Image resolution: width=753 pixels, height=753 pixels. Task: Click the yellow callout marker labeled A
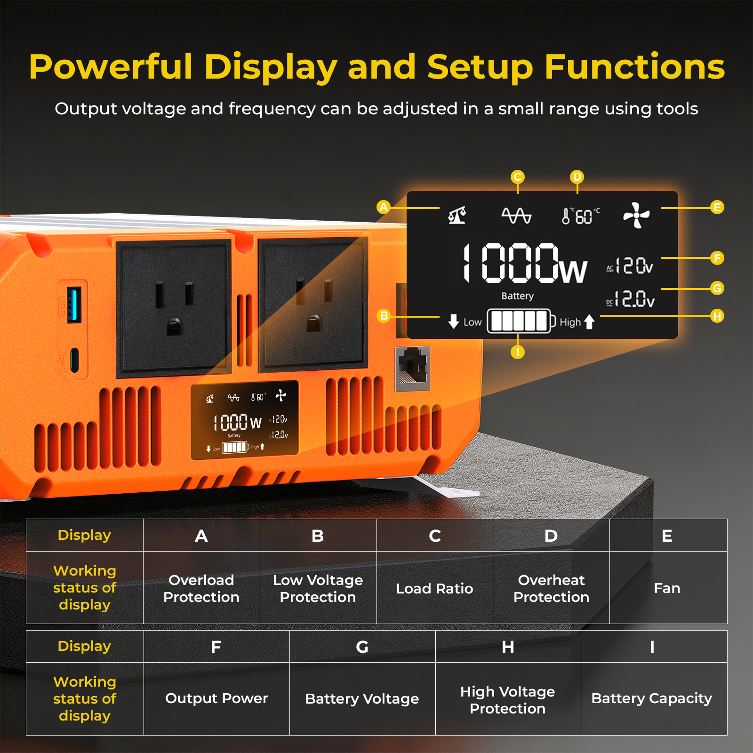384,207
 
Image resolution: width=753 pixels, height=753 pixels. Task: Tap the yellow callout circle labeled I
517,352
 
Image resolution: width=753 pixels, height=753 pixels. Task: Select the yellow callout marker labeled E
717,207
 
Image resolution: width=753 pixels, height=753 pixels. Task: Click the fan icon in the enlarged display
636,216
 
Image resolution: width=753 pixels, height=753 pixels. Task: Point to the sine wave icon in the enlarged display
516,216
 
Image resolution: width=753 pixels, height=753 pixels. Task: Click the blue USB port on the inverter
74,304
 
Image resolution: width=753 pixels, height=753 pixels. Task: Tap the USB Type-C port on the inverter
74,360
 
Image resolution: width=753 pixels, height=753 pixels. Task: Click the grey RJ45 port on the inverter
413,368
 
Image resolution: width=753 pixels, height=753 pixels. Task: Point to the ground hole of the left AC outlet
174,326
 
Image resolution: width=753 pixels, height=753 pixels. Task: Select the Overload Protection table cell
201,588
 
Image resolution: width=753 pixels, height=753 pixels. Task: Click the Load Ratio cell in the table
434,588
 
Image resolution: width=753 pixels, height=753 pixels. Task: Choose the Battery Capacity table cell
652,698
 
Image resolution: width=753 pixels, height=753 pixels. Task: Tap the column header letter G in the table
362,647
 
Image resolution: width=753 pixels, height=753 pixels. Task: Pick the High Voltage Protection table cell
507,700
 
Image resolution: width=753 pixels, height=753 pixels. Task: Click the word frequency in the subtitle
272,109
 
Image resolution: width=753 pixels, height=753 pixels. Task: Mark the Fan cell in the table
667,588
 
